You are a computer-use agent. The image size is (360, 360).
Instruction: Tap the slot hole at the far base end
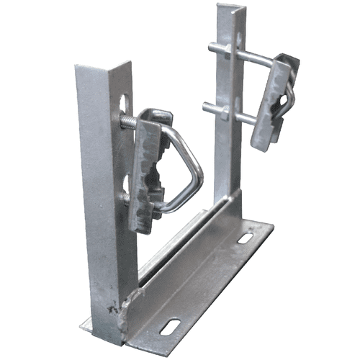pyautogui.click(x=245, y=238)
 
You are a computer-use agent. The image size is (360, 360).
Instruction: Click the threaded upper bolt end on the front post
pyautogui.click(x=127, y=122)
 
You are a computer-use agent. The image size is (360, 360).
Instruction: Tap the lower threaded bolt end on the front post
pyautogui.click(x=126, y=198)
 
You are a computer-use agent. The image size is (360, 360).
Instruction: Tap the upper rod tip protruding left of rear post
pyautogui.click(x=210, y=48)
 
